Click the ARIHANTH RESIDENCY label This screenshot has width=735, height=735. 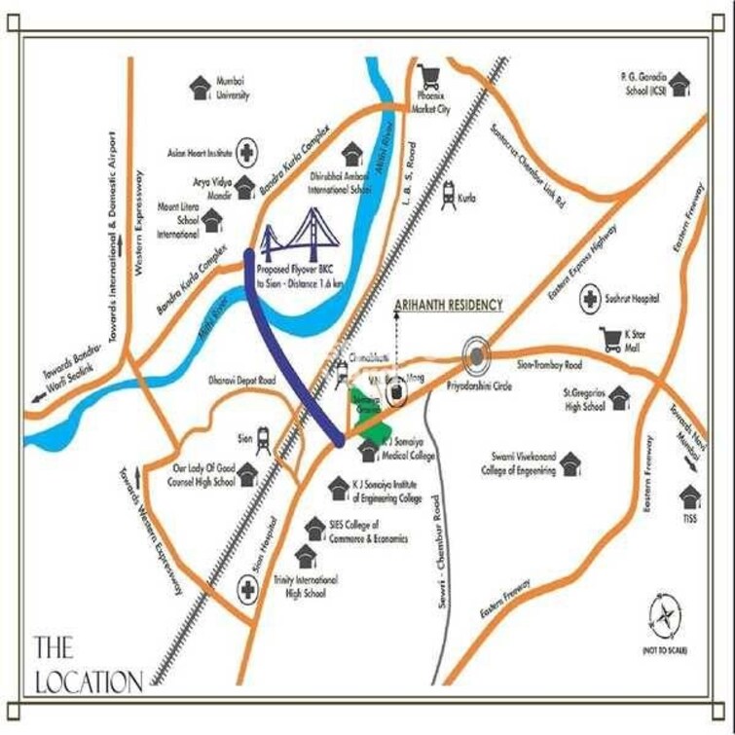point(449,305)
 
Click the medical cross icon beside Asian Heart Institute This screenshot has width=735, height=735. point(247,153)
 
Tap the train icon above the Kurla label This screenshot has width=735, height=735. point(449,192)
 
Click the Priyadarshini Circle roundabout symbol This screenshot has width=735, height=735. point(475,356)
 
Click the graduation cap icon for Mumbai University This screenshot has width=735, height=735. point(201,85)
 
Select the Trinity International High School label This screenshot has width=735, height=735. point(306,586)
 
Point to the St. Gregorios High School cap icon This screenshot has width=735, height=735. point(619,397)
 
